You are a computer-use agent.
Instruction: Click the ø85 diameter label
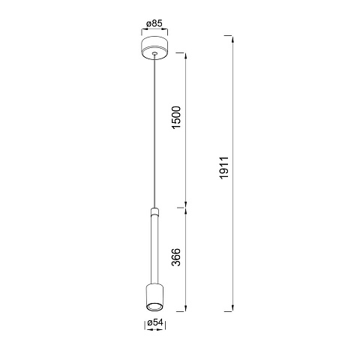(x=154, y=23)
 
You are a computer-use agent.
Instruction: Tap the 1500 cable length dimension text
(x=176, y=118)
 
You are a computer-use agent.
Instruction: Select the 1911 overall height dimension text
(x=224, y=168)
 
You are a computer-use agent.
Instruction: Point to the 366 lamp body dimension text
(x=176, y=257)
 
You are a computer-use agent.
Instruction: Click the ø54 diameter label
(x=155, y=322)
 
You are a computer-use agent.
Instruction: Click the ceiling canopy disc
(x=154, y=48)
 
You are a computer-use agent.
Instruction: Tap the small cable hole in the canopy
(x=155, y=53)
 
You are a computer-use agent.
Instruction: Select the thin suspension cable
(x=155, y=130)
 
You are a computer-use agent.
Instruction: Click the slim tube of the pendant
(x=155, y=250)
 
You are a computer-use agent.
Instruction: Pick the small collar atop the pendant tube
(x=155, y=211)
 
